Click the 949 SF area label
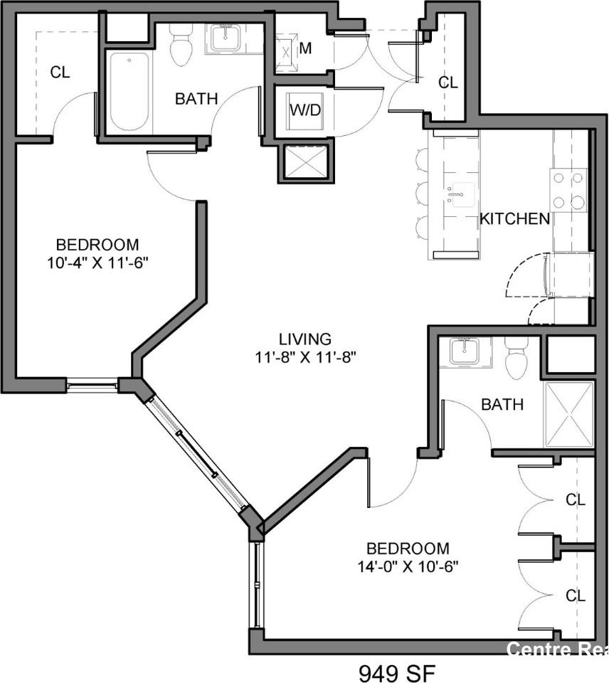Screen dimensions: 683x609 (x=396, y=672)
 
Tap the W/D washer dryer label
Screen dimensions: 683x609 (x=304, y=110)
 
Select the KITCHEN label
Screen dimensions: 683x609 (x=514, y=218)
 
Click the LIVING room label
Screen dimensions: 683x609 (x=304, y=339)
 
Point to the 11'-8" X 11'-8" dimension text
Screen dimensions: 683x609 (x=304, y=357)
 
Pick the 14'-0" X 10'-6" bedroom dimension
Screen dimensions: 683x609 (x=408, y=567)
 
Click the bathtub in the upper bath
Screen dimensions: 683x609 (x=129, y=91)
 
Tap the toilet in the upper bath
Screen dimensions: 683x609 (x=182, y=45)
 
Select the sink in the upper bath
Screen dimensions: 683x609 (x=227, y=37)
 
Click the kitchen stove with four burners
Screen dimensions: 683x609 (x=568, y=190)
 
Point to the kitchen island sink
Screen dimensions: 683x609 (x=461, y=194)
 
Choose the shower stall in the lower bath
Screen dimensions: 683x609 (x=568, y=414)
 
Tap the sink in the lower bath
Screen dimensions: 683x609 (x=464, y=351)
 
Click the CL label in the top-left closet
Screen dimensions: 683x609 (x=60, y=72)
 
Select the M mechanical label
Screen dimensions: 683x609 (x=305, y=48)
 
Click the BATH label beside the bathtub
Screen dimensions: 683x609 (x=196, y=99)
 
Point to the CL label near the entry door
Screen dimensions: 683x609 (x=448, y=83)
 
